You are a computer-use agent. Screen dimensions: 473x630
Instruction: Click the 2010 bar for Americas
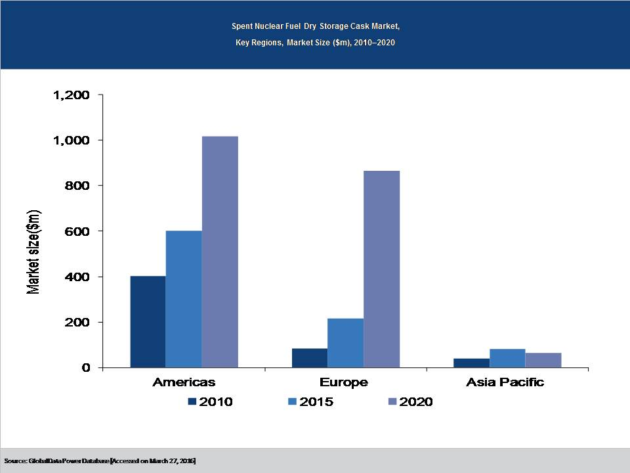click(x=148, y=321)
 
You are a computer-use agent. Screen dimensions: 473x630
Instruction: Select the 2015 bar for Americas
click(x=184, y=299)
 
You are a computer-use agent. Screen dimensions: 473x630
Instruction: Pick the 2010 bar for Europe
click(x=310, y=358)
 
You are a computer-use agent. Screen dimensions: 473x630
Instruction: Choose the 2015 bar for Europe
click(x=345, y=343)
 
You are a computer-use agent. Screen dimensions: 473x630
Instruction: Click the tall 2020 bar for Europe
click(x=381, y=269)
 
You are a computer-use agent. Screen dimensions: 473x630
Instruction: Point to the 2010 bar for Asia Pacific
click(x=472, y=363)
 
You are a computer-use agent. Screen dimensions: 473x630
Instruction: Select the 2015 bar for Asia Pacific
click(x=507, y=358)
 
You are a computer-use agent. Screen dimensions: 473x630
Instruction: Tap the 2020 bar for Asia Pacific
click(x=543, y=360)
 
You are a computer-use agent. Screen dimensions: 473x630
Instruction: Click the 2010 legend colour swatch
click(x=192, y=401)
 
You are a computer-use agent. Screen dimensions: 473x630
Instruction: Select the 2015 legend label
click(x=316, y=401)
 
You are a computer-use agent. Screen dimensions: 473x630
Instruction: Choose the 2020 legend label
click(x=416, y=401)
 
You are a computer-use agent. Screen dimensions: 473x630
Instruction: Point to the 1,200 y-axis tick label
click(x=71, y=95)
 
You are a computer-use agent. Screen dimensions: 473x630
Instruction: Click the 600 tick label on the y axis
click(x=79, y=231)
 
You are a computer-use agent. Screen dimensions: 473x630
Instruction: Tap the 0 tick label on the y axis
click(x=85, y=368)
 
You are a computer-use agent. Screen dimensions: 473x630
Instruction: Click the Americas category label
click(x=184, y=382)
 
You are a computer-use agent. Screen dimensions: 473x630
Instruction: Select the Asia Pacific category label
click(x=505, y=382)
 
